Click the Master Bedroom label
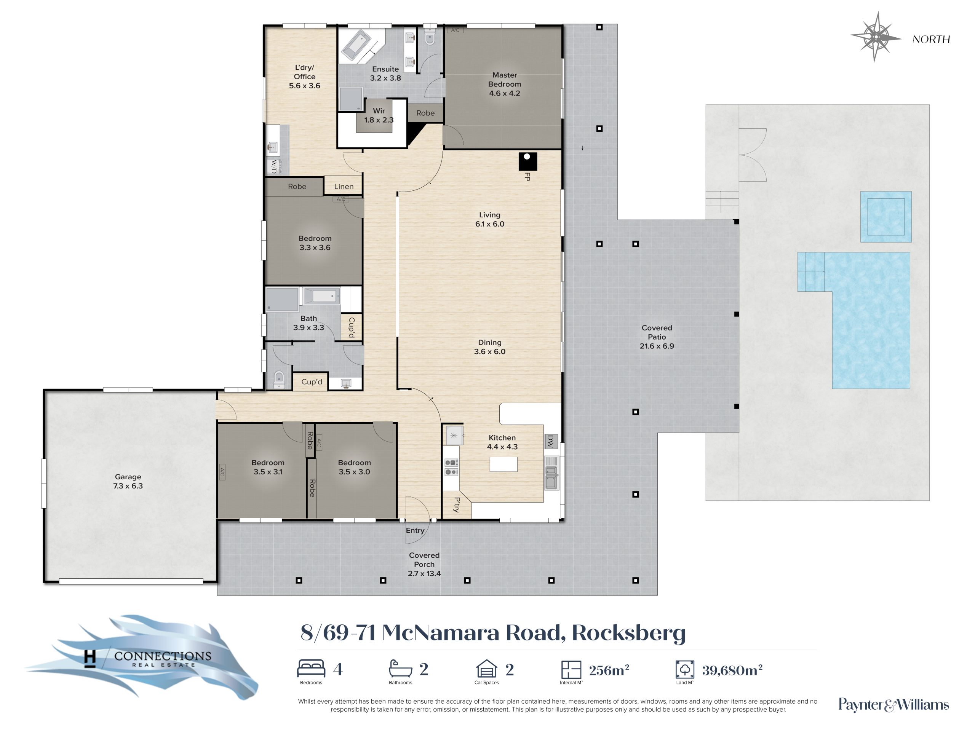pos(504,84)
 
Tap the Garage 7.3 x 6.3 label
pos(128,481)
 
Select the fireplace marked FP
pos(527,162)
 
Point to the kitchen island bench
pos(503,464)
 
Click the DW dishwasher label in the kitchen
pos(550,441)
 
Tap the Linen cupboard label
pos(344,187)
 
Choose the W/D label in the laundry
pos(274,166)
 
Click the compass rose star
pos(877,37)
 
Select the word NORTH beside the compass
pos(931,39)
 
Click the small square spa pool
pos(885,216)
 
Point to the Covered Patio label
pos(657,337)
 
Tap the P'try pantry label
pos(457,504)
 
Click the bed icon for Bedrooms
pos(311,668)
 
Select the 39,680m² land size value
pos(732,670)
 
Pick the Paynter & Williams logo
pos(893,705)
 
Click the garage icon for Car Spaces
pos(487,668)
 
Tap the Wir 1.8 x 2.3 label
pos(379,115)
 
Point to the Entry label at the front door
pos(415,530)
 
